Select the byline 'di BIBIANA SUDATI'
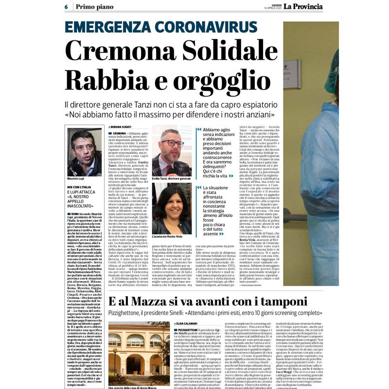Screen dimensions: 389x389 [x=120, y=126]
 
